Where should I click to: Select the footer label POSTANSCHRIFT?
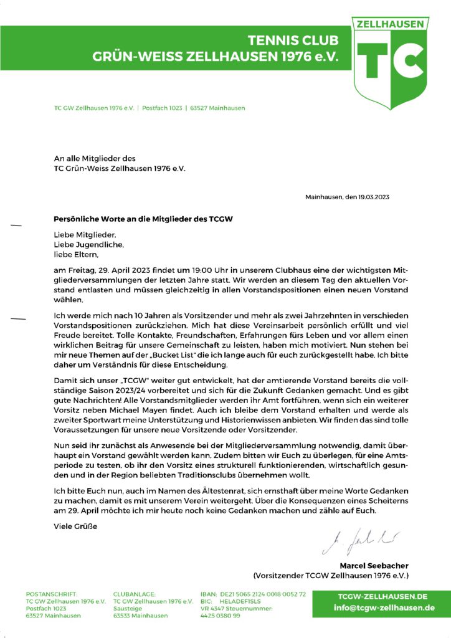52,594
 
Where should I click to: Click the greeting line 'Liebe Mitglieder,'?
85,236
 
